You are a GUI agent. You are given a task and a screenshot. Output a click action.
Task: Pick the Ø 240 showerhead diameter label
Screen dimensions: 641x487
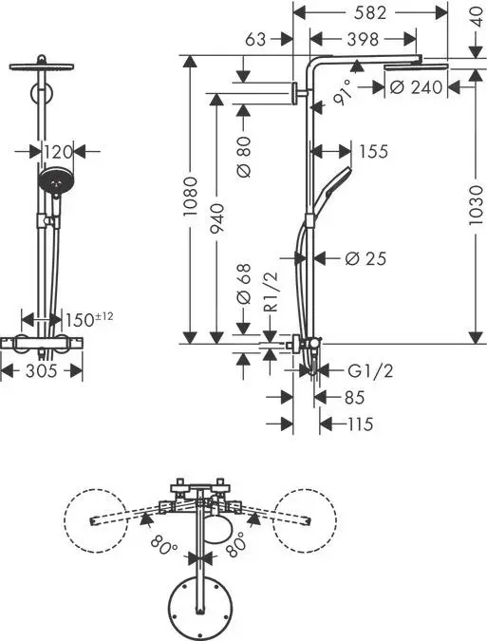pyautogui.click(x=416, y=87)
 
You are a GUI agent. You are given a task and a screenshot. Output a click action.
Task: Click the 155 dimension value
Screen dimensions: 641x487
pyautogui.click(x=372, y=150)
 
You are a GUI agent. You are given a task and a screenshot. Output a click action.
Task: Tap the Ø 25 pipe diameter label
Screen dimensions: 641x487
pyautogui.click(x=366, y=257)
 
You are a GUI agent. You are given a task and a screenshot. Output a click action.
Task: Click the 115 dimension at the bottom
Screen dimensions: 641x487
pyautogui.click(x=358, y=424)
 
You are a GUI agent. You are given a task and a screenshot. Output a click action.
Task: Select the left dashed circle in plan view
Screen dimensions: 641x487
pyautogui.click(x=96, y=522)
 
